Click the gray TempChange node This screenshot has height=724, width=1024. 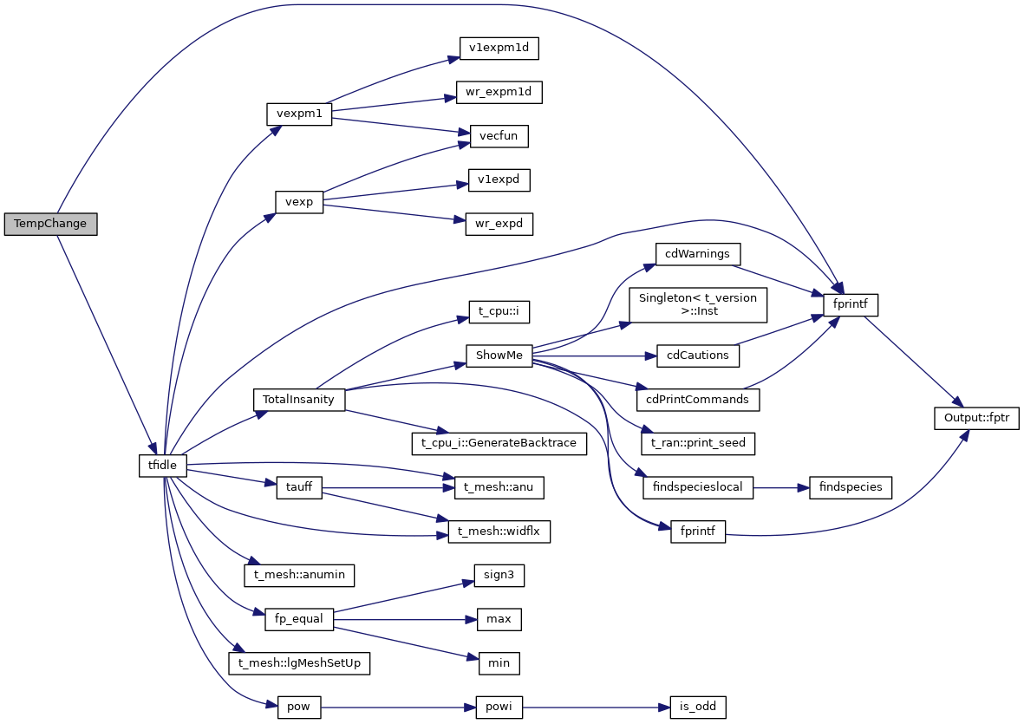point(50,224)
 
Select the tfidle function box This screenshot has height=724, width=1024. point(163,466)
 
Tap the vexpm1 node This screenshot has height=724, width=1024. point(298,114)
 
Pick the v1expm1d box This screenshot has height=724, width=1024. point(499,48)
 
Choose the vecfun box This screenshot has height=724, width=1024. point(499,136)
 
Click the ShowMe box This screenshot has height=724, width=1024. point(499,355)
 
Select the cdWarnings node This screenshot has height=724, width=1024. point(697,255)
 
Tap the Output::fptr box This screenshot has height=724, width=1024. point(976,417)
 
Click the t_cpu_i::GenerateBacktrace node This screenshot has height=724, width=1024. point(499,443)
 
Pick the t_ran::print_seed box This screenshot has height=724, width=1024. point(698,443)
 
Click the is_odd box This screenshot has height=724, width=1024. point(697,707)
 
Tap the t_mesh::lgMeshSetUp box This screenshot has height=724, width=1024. point(299,663)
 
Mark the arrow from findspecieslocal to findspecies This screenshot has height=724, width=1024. point(780,486)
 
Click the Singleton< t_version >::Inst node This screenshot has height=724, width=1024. point(698,304)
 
